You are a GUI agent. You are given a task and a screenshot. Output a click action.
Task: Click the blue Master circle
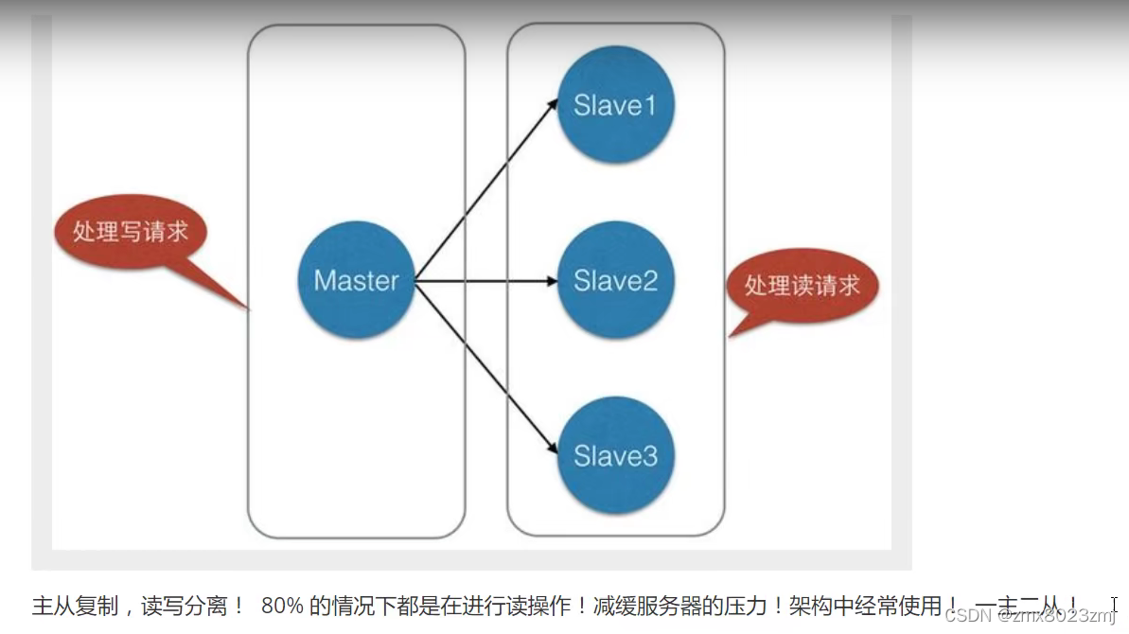[356, 281]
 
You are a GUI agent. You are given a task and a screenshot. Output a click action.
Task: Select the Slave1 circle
[615, 105]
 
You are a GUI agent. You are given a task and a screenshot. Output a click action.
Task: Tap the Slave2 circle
[615, 281]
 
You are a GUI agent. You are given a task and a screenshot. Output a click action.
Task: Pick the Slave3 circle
[615, 457]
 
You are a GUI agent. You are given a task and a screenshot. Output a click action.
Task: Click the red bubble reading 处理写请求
[130, 232]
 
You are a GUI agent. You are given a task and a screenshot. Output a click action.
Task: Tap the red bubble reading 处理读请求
[802, 285]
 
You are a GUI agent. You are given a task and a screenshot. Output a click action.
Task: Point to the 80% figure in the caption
[281, 607]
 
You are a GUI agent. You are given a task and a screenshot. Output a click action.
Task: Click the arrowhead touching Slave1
[552, 104]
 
